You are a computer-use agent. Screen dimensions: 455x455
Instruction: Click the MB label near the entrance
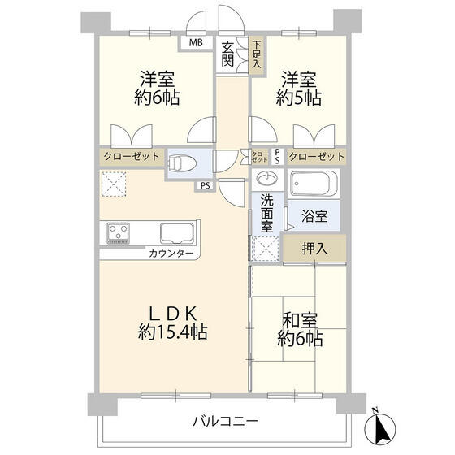(x=196, y=42)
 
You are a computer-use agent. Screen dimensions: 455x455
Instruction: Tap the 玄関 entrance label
(x=229, y=54)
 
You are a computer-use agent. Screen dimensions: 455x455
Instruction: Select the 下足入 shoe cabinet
(x=256, y=54)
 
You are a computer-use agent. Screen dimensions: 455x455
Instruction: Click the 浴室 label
(x=314, y=217)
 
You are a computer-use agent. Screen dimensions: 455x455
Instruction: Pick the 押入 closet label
(x=314, y=248)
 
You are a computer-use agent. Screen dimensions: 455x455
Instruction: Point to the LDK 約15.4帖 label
(x=172, y=322)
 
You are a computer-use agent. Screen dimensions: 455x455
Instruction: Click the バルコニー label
(x=225, y=422)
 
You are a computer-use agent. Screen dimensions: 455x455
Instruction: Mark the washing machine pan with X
(x=265, y=247)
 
